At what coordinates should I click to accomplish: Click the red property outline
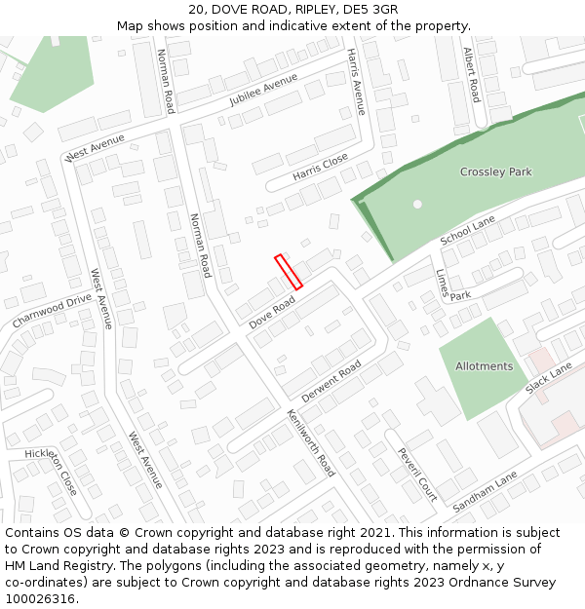click(x=289, y=271)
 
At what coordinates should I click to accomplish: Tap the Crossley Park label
click(x=496, y=172)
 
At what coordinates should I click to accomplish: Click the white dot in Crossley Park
click(x=417, y=204)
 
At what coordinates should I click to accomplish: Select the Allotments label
click(x=484, y=366)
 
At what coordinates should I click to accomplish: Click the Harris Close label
click(x=320, y=167)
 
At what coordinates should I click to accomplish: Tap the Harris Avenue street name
click(x=356, y=83)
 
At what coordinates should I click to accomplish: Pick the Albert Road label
click(x=473, y=75)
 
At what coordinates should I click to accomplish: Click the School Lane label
click(x=468, y=232)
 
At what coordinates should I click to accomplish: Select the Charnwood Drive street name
click(x=52, y=311)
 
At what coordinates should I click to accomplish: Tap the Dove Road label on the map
click(x=272, y=313)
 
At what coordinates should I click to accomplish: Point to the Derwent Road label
click(x=331, y=381)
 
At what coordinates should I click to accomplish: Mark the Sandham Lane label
click(x=485, y=491)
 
